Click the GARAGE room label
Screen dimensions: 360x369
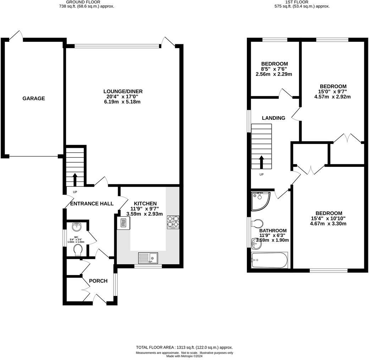point(34,99)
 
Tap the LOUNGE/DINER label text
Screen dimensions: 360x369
point(121,91)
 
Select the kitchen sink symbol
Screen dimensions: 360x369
point(148,258)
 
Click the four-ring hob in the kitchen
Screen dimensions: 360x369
point(173,222)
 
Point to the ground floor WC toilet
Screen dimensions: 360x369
point(78,251)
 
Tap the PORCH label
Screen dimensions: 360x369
point(98,281)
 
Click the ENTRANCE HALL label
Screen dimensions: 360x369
point(92,204)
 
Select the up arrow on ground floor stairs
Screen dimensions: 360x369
point(75,179)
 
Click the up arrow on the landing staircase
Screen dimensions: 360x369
point(261,162)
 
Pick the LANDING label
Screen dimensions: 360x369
point(274,118)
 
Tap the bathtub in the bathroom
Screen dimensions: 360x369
point(269,261)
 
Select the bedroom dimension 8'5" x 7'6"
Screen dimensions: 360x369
point(274,69)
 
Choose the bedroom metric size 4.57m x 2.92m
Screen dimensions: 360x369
point(333,97)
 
